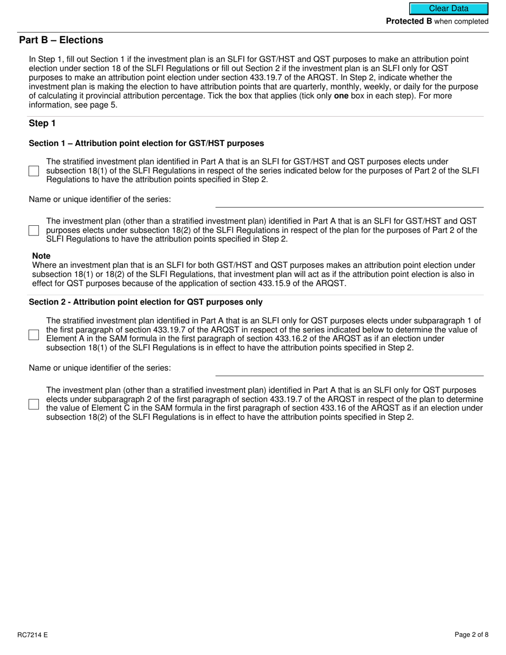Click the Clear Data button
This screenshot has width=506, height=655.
[448, 9]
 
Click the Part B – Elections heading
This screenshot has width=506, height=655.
[61, 40]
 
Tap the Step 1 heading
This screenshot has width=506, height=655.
[42, 124]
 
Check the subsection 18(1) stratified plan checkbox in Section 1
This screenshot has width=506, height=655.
[34, 171]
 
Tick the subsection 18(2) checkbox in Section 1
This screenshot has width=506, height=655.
[34, 231]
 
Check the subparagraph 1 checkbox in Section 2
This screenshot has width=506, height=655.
[34, 335]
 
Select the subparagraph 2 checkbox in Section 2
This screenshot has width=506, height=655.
[34, 404]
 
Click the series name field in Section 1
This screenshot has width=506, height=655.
[349, 201]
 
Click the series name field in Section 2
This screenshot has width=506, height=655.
[349, 369]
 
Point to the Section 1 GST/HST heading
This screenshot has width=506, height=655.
[146, 143]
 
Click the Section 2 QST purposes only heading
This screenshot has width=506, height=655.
[145, 302]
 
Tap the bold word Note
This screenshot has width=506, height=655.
[41, 256]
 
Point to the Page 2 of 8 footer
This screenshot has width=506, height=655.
[471, 635]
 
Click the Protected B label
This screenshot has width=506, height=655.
[409, 21]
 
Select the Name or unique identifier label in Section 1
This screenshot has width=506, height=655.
[100, 200]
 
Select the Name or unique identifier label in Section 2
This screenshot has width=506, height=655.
[100, 368]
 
